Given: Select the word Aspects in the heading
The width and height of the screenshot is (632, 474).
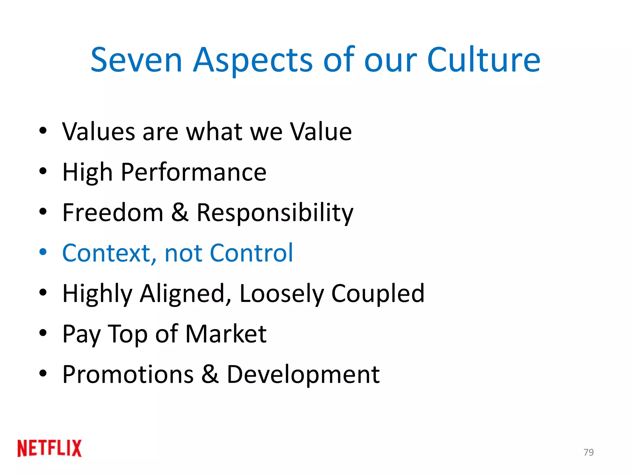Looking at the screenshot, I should (253, 60).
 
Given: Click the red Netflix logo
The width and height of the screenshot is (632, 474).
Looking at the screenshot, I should (50, 448).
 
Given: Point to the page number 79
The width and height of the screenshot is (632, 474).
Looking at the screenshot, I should (588, 452).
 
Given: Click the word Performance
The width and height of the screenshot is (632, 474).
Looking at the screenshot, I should (193, 172).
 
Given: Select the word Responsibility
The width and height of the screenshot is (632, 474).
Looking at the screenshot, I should (275, 213).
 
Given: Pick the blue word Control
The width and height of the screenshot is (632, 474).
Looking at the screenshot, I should (251, 253).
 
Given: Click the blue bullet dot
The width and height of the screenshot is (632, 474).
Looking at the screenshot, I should (43, 252).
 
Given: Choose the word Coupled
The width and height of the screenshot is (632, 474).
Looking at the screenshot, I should (378, 293).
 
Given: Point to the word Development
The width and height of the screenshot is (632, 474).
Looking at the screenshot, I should (303, 375).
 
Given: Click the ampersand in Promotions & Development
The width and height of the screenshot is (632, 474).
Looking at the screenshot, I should (210, 374).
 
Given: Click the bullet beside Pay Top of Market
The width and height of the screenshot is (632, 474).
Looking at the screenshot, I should (43, 333).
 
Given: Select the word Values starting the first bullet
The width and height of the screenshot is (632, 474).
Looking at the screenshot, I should (99, 131).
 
